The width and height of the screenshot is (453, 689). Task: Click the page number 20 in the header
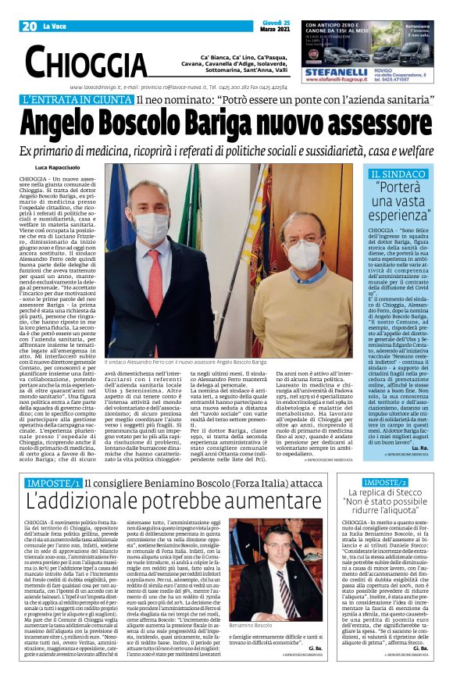(30, 26)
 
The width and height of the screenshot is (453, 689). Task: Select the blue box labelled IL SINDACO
(398, 174)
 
